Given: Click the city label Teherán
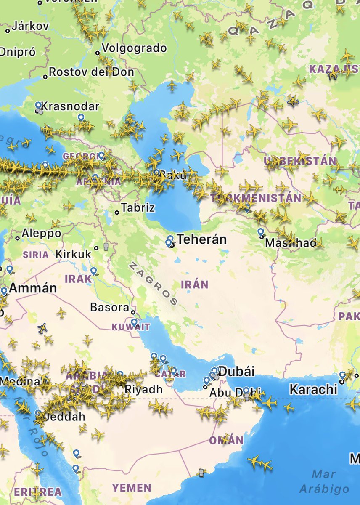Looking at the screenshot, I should (x=201, y=239).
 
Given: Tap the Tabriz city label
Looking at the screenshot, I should (x=138, y=207).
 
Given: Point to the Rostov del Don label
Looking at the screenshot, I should (x=91, y=72).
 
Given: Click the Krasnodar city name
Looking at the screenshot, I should (x=70, y=106).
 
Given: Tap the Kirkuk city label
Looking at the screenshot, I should (x=73, y=254).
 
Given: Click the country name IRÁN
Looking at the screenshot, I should (x=194, y=284).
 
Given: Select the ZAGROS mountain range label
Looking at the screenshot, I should (x=154, y=284).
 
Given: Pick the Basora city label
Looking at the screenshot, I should (x=109, y=307).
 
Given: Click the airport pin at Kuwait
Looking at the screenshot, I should (x=134, y=323).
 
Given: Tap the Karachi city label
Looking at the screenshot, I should (x=313, y=389).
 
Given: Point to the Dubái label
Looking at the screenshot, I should (x=237, y=372).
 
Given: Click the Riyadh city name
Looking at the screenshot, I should (x=143, y=389).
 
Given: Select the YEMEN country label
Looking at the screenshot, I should (x=131, y=488).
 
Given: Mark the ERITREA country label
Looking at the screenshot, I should (x=38, y=492).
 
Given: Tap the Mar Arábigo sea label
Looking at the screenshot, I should (x=324, y=481).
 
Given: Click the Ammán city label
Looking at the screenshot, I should (x=32, y=288).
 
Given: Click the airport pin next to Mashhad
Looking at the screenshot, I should (x=261, y=232).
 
